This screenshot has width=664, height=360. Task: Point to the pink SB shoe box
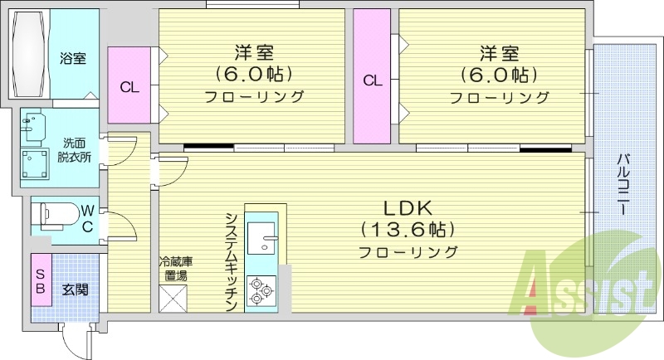coord(40,281)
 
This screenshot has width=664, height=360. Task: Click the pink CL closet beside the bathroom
coord(129,85)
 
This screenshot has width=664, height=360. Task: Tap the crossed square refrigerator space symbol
coord(173,298)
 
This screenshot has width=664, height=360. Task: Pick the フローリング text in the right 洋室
coord(500,97)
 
